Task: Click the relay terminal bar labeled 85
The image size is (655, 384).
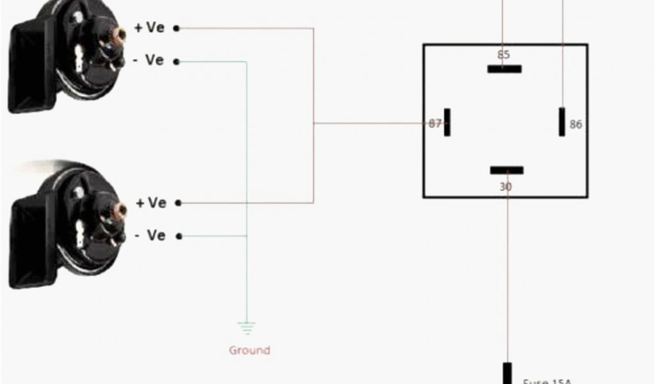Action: pos(504,68)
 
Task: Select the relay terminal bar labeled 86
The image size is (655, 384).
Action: pos(562,122)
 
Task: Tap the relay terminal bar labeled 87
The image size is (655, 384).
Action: pos(447,122)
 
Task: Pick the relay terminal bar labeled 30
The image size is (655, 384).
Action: pos(507,170)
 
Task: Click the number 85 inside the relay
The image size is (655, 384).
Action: pos(503,55)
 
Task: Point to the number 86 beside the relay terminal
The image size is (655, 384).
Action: pos(576,125)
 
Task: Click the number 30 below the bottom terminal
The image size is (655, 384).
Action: pos(505,187)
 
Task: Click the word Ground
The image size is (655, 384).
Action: pos(249,350)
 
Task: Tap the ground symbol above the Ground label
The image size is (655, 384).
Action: pos(246,328)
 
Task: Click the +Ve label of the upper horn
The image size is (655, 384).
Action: pos(150,28)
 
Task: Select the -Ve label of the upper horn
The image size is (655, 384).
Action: pos(149,60)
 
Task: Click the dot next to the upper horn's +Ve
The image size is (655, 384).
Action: pos(177,28)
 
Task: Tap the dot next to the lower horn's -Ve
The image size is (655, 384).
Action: pos(179,236)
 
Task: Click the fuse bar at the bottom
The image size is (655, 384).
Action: pos(507,373)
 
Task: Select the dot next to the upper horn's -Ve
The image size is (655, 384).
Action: pos(177,61)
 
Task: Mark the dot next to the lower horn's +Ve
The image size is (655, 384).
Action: pos(178,204)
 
